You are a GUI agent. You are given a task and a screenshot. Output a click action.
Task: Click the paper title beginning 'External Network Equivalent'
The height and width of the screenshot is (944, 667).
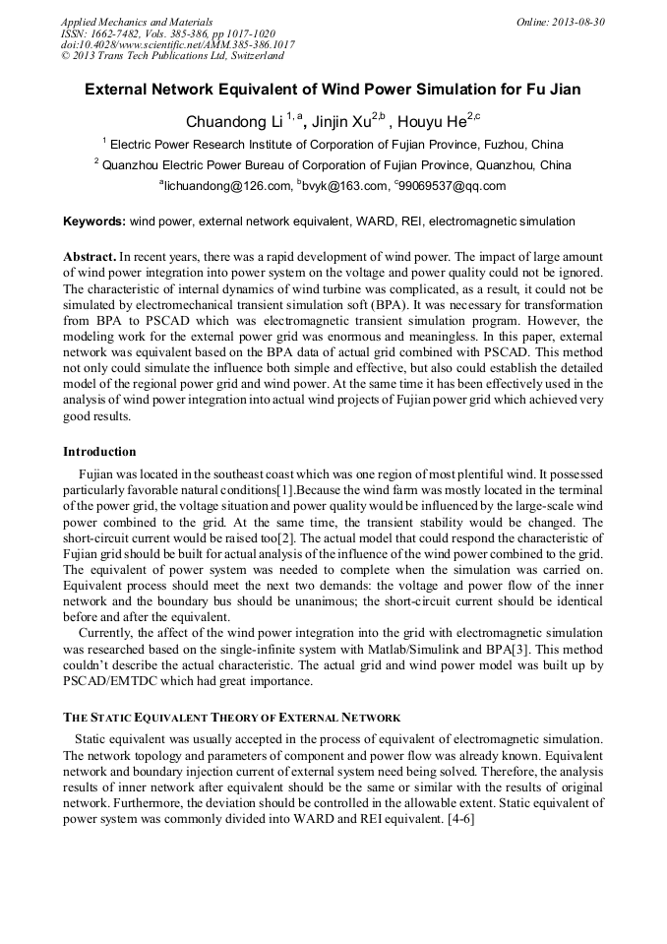[x=333, y=90]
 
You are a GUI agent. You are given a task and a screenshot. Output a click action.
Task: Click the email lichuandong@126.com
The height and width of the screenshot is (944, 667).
[x=227, y=186]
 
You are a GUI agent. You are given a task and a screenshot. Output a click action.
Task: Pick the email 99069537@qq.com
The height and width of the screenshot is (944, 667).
[x=454, y=186]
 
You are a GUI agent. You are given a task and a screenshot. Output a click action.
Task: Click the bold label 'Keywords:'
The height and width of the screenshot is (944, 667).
[x=94, y=222]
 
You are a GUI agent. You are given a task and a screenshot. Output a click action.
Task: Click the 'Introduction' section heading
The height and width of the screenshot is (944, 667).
[x=99, y=452]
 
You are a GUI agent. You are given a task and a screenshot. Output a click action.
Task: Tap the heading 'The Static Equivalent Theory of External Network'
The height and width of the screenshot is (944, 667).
[x=231, y=718]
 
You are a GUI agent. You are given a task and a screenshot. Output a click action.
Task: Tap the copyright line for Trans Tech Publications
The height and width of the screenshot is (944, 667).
[x=172, y=56]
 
